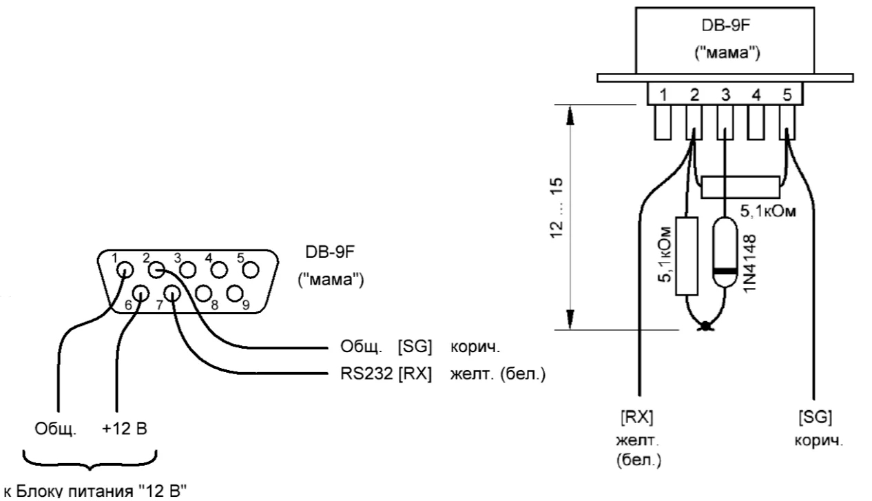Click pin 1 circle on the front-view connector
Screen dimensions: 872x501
pyautogui.click(x=125, y=269)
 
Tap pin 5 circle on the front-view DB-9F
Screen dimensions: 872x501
pyautogui.click(x=250, y=269)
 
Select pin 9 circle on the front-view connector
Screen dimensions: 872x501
pyautogui.click(x=235, y=294)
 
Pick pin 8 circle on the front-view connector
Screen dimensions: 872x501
pyautogui.click(x=204, y=294)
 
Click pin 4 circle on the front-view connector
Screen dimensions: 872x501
pyautogui.click(x=219, y=269)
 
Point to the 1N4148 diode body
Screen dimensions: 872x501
pyautogui.click(x=725, y=252)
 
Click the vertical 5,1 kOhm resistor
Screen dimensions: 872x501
pyautogui.click(x=687, y=256)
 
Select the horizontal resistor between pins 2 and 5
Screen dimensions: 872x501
pyautogui.click(x=740, y=187)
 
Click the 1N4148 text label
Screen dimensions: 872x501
pyautogui.click(x=750, y=263)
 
